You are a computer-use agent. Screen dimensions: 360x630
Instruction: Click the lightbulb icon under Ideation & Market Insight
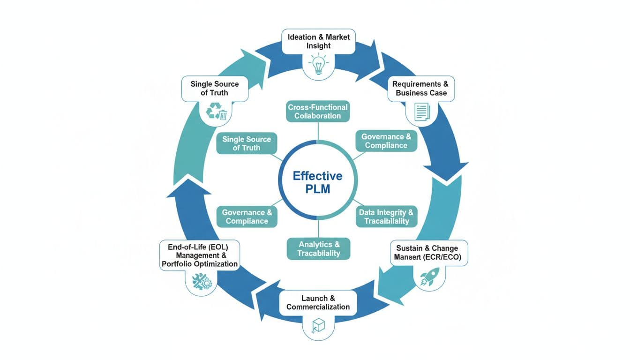coord(318,65)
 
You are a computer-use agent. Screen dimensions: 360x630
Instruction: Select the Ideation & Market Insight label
coord(318,41)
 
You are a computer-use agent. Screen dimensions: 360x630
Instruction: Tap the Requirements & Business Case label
coord(420,89)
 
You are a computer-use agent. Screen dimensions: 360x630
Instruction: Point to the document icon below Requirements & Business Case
coord(421,112)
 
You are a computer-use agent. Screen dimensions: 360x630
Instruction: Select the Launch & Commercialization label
coord(318,303)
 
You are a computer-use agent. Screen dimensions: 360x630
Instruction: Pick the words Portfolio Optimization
coord(200,264)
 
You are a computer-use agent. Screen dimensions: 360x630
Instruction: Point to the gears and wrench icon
coord(202,281)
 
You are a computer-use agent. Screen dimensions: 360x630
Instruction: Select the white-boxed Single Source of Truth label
coord(214,88)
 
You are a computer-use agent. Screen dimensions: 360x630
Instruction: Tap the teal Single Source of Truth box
coord(247,143)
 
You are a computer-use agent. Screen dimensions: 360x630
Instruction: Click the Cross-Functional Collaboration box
coord(318,112)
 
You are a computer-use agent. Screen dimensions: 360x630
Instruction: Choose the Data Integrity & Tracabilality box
coord(386,217)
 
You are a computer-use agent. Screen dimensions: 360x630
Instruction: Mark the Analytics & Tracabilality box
coord(319,248)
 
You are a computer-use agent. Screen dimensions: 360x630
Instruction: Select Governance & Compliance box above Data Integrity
coord(386,141)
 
